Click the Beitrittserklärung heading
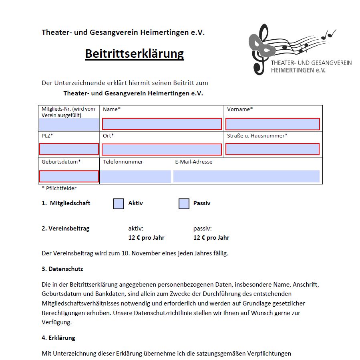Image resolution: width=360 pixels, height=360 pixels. (x=134, y=54)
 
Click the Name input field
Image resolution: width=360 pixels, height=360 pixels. (x=162, y=124)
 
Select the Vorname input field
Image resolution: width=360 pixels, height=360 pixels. (x=273, y=124)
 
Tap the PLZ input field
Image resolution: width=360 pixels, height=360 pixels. (x=69, y=149)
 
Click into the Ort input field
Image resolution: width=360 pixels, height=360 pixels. (x=162, y=150)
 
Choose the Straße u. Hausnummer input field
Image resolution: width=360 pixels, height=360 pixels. (x=272, y=149)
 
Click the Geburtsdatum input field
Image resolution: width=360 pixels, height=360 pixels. (x=69, y=176)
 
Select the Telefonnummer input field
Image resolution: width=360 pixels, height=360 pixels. (x=135, y=176)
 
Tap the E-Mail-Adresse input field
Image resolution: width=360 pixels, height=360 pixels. (x=246, y=176)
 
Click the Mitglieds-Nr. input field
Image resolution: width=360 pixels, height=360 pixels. (x=69, y=124)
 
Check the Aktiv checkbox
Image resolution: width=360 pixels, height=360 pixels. (x=119, y=204)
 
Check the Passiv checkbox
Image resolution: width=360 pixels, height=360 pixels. (x=184, y=204)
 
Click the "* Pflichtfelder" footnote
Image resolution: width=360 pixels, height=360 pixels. (x=59, y=188)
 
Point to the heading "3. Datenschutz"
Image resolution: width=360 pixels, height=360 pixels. (x=62, y=269)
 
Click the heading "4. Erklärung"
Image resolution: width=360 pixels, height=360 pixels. (x=58, y=338)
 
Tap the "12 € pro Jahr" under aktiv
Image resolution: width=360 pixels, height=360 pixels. (x=146, y=238)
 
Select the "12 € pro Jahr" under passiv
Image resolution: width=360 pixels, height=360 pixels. (x=211, y=238)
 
